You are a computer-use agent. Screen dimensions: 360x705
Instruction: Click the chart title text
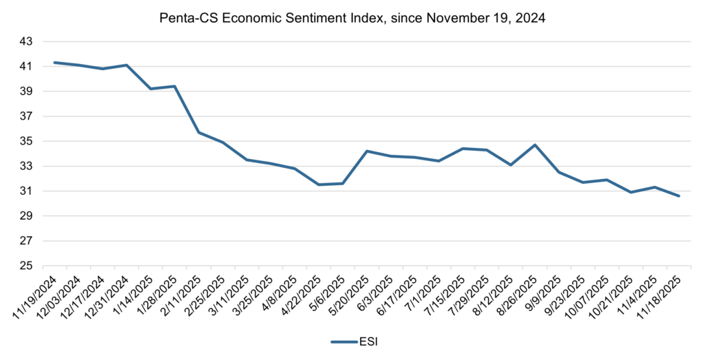click(x=352, y=19)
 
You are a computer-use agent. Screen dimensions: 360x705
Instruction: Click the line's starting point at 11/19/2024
click(x=55, y=63)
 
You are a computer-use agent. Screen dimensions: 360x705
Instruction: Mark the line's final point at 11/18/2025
click(x=679, y=196)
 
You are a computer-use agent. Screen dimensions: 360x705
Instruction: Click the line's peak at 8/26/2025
click(x=535, y=145)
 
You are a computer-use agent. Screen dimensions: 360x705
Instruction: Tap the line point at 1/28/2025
click(x=175, y=86)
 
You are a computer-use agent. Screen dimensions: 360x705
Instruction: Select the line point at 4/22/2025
click(x=319, y=184)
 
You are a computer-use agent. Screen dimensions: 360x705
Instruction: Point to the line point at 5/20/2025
click(x=367, y=151)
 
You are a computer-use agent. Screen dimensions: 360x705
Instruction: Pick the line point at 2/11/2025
click(x=199, y=132)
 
